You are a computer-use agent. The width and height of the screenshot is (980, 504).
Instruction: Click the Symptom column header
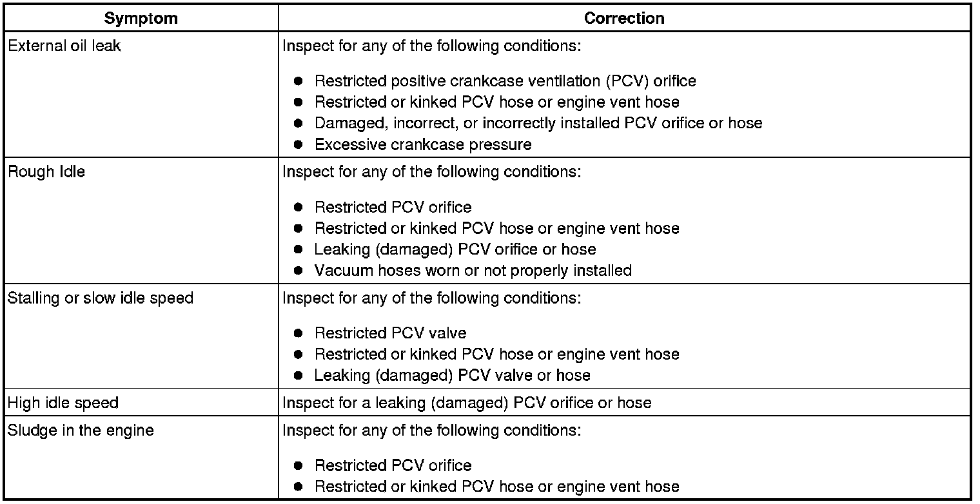pos(141,18)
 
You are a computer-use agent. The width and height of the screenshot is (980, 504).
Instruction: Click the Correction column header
pos(623,18)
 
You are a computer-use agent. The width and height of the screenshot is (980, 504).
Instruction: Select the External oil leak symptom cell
pos(64,46)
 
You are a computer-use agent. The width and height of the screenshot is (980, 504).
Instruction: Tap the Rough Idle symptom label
pos(46,172)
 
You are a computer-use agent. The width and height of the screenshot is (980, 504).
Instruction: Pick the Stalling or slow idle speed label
pos(100,298)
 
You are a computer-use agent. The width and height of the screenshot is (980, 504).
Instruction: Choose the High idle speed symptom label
pos(63,403)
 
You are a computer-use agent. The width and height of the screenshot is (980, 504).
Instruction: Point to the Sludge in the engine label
pos(80,430)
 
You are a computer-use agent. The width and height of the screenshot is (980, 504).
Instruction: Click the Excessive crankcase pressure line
pos(422,144)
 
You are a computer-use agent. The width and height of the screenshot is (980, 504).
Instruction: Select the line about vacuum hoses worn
pos(473,270)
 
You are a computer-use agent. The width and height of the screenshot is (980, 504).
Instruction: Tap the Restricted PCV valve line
pos(390,333)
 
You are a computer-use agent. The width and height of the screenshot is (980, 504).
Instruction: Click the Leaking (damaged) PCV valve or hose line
pos(452,374)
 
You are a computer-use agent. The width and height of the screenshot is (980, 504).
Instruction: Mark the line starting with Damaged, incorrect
pos(538,123)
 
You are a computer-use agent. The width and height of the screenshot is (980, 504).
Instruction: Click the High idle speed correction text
pos(467,403)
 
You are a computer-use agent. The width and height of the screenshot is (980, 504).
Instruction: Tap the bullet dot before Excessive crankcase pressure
pos(298,144)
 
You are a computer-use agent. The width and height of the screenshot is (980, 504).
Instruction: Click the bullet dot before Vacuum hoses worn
pos(298,270)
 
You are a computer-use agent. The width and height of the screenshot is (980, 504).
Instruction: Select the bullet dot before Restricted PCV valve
pos(298,333)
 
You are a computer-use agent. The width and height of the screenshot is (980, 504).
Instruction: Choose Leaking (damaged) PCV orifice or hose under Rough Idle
pos(455,249)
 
